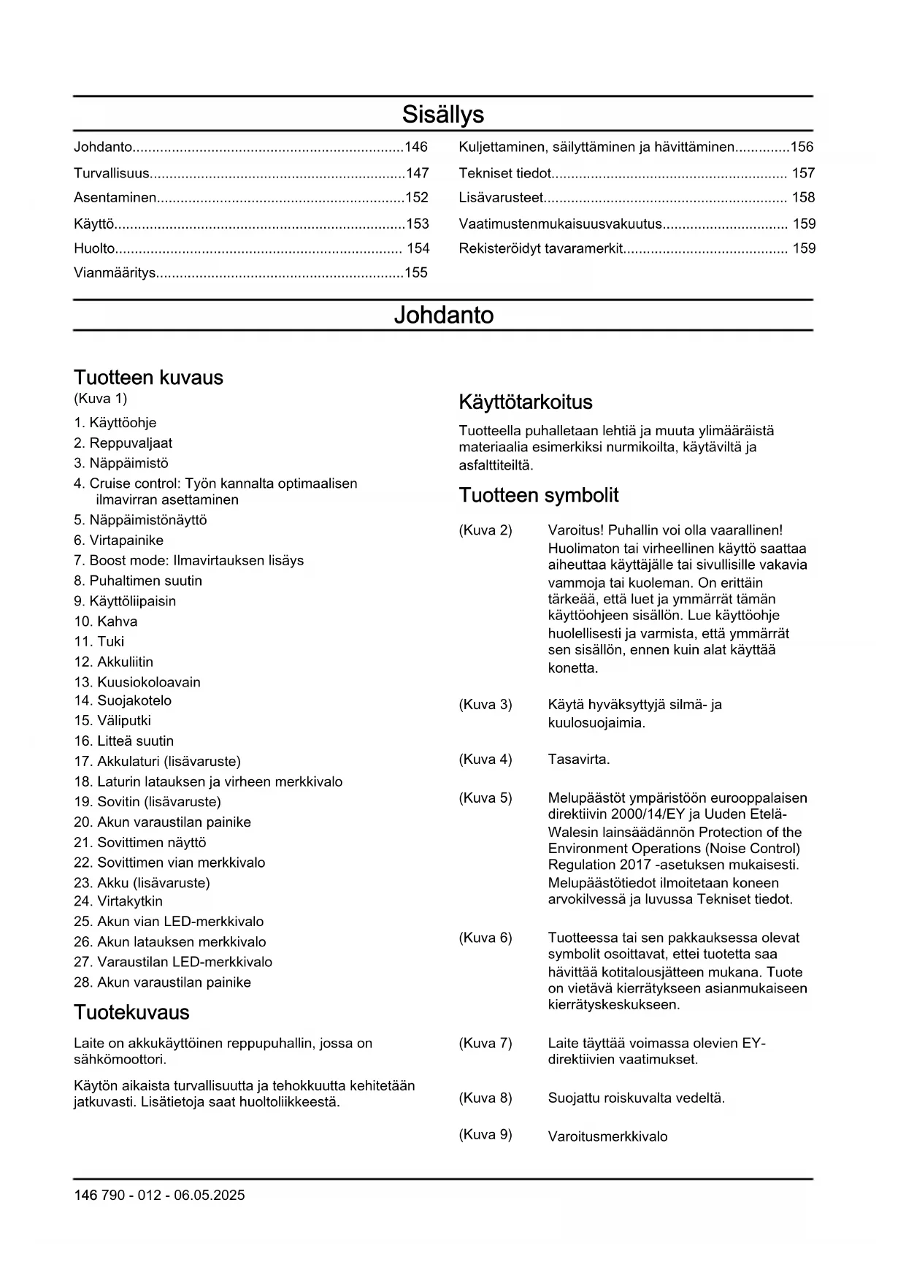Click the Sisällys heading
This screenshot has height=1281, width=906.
442,115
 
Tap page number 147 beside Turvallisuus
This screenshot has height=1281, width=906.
417,173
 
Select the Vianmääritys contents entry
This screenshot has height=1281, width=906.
115,273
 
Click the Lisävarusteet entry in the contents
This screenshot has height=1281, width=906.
501,197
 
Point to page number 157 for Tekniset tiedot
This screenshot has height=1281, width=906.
803,173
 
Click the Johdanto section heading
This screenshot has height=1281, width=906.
443,316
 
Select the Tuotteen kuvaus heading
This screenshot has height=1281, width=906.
148,378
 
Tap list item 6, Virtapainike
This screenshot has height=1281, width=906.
118,540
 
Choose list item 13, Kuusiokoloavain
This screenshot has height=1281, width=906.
137,682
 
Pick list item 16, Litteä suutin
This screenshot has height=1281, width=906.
123,741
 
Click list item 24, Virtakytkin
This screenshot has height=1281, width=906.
118,901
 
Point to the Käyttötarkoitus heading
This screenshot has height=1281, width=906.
526,402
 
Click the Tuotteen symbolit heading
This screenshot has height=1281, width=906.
538,495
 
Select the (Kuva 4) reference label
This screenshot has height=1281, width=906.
485,760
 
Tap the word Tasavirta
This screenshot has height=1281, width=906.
578,760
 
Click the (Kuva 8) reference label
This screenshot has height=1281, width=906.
485,1098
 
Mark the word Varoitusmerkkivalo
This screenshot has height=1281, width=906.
607,1136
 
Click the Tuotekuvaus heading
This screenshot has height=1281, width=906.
131,1012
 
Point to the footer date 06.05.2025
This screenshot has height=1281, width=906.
209,1196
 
